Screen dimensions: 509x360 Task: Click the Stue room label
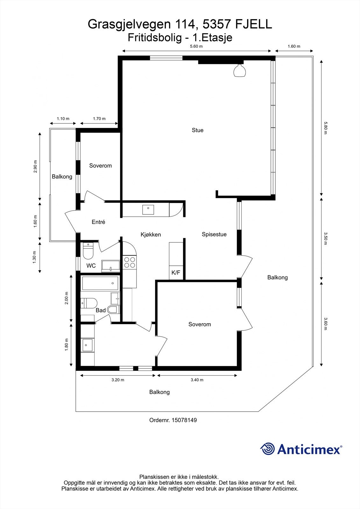click(197, 130)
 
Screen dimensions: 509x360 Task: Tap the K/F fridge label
click(176, 273)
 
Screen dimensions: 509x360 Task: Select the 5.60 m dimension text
click(196, 46)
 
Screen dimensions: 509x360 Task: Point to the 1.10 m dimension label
click(63, 119)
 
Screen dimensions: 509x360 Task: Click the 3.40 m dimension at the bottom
click(197, 380)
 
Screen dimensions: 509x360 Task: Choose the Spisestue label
click(214, 234)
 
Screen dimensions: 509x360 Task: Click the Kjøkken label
click(151, 235)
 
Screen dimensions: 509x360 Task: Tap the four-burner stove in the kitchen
click(129, 262)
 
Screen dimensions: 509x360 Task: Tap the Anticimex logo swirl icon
click(267, 449)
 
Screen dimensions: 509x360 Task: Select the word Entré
click(98, 222)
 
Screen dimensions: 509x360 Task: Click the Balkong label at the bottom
click(159, 392)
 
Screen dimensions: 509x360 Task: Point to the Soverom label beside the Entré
click(100, 166)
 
